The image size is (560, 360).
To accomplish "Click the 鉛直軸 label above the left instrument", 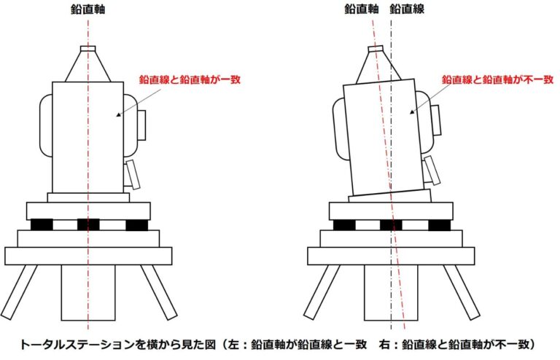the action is [x=87, y=9].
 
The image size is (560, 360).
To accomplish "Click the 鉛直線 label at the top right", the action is [x=407, y=9].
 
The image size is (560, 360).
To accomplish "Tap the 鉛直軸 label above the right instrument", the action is [x=362, y=9].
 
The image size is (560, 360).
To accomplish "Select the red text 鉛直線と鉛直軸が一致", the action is [x=190, y=79].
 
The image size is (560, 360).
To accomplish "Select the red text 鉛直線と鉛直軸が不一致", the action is [x=497, y=79].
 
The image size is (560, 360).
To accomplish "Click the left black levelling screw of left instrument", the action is [x=42, y=224].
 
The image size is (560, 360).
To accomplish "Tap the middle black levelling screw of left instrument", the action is [x=88, y=224].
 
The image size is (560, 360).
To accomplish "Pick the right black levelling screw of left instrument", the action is [x=137, y=224].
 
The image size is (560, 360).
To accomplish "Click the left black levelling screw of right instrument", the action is [x=344, y=224].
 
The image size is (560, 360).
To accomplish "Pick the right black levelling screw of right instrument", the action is [x=439, y=224].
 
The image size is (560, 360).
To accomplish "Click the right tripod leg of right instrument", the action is [x=462, y=292].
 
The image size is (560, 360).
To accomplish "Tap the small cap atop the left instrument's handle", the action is [x=87, y=48].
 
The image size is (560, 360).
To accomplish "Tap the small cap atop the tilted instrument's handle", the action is [x=376, y=48].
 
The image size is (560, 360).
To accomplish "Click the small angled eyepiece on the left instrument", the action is [x=132, y=175].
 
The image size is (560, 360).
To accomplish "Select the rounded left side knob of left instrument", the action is [x=46, y=125].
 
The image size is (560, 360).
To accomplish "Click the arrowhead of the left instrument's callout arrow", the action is [x=118, y=115].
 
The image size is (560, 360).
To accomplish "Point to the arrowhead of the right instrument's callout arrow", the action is [x=412, y=112].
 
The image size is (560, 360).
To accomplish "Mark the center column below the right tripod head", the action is [x=391, y=292].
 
